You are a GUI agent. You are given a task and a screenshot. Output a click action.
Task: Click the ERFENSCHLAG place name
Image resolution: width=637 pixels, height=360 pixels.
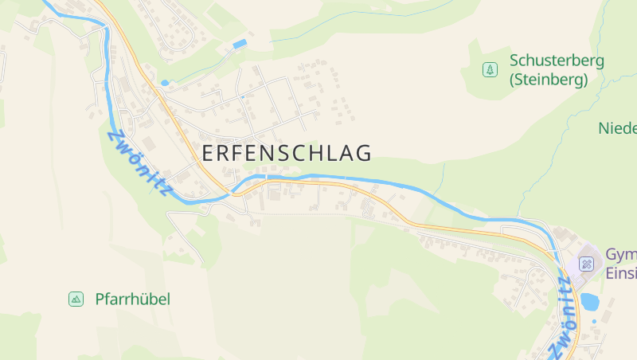[287, 153]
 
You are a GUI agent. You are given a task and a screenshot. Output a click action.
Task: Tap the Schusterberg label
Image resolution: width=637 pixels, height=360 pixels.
[557, 61]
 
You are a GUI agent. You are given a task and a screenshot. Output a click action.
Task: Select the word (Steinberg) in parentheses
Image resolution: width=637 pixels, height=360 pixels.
[549, 80]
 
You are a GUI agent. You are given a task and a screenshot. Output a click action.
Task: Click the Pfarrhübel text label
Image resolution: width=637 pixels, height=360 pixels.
[132, 299]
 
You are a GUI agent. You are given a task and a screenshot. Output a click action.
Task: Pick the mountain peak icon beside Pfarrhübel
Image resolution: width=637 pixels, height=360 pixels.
[76, 299]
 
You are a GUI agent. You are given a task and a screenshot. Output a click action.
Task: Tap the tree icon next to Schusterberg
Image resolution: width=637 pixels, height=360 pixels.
[489, 70]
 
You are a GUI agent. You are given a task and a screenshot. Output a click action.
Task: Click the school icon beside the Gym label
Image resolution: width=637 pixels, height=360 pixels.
[587, 264]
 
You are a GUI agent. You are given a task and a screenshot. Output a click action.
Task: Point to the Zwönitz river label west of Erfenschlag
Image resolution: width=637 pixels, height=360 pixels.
[139, 163]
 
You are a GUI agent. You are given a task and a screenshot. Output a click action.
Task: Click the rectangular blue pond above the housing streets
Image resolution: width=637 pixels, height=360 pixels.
[239, 44]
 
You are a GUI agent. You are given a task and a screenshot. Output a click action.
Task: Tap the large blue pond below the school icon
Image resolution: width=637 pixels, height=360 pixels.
[590, 301]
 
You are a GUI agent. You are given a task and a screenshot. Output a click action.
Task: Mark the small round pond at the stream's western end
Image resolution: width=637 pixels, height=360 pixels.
[165, 83]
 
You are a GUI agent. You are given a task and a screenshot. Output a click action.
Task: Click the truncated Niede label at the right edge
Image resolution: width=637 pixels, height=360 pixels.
[618, 128]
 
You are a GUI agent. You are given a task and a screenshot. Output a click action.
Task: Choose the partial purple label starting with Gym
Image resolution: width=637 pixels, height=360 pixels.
[621, 255]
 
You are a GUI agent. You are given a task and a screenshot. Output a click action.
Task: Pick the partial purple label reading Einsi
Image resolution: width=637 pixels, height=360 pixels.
[621, 272]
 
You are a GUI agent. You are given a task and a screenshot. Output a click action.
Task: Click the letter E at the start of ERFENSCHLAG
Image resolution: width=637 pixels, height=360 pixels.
[209, 153]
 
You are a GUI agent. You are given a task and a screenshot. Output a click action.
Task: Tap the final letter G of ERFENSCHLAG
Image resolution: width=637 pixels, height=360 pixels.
[364, 153]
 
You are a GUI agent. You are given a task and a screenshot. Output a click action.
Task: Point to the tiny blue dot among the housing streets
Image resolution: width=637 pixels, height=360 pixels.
[243, 97]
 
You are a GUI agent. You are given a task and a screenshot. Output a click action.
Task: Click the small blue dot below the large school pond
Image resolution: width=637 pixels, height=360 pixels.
[594, 323]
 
